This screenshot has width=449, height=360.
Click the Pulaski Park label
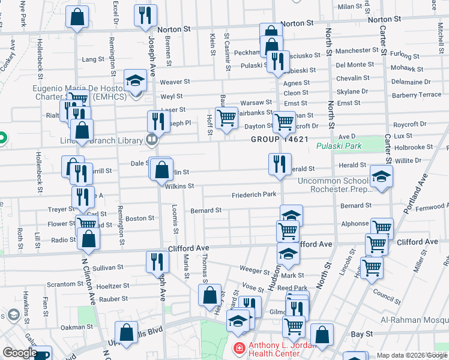(339, 146)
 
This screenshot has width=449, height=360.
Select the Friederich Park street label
(254, 195)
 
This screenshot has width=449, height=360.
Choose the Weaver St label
(175, 82)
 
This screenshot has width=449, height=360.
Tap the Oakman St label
(77, 327)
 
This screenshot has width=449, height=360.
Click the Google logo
(20, 353)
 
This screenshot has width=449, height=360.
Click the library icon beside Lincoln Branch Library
(151, 140)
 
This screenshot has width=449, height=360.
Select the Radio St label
(63, 239)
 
